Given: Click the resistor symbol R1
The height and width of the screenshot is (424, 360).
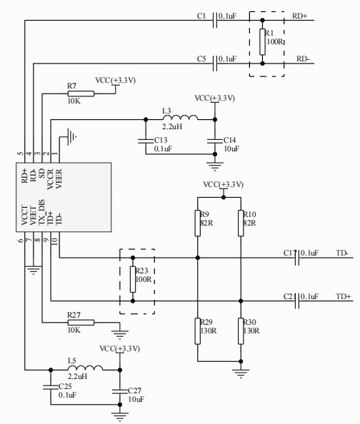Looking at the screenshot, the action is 262,42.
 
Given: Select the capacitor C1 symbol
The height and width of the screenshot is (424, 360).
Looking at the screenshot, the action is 215,20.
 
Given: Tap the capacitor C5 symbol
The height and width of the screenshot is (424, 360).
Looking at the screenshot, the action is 215,64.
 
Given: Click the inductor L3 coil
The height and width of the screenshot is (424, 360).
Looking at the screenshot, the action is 180,117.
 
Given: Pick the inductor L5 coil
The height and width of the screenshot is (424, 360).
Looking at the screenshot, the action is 85,368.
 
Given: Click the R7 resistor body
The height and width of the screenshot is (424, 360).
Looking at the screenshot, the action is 81,94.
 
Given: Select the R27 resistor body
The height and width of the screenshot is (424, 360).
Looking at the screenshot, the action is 81,323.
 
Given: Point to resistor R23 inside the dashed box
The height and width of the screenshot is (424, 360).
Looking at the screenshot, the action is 133,279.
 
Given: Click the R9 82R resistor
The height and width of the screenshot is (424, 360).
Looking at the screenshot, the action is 198,223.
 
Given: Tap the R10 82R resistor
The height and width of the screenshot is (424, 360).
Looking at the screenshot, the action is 241,223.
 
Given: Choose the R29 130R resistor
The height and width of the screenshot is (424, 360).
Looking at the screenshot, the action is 198,331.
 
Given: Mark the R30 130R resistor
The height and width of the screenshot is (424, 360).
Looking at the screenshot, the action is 241,331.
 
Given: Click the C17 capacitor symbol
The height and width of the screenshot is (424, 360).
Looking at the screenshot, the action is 297,258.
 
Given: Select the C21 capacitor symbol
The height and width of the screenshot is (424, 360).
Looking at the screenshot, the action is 297,301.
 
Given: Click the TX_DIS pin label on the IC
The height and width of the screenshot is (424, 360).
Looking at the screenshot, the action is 42,212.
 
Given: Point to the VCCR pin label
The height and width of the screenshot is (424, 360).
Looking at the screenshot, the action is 50,179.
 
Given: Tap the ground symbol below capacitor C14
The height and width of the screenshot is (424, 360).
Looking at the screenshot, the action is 215,166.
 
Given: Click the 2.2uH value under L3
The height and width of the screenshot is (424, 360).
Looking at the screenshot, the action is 172,126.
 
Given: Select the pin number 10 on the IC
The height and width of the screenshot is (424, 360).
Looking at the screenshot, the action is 55,241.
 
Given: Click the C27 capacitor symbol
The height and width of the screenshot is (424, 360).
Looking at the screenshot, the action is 119,391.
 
